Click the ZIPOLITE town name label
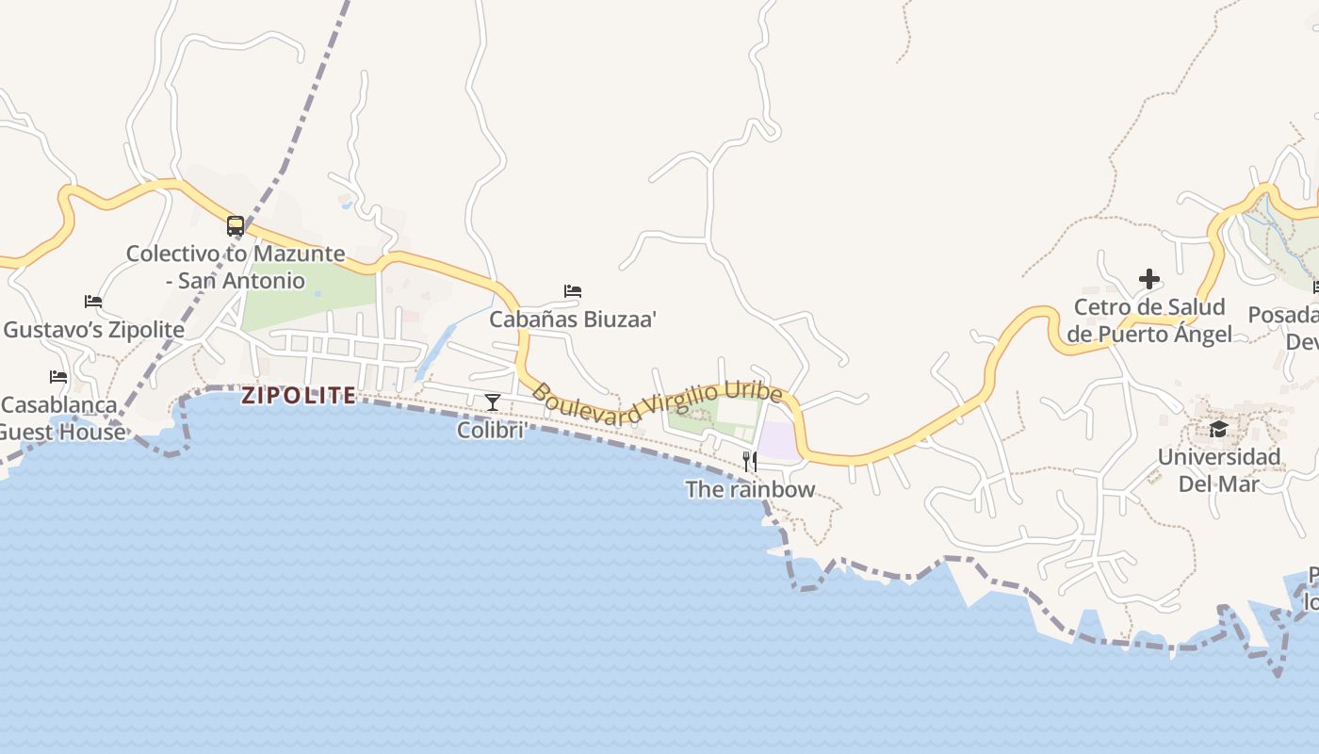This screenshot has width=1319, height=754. point(299,395)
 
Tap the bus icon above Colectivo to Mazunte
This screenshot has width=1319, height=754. point(236,226)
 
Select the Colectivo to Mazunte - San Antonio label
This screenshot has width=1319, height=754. point(236,268)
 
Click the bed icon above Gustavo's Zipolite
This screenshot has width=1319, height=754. point(93,302)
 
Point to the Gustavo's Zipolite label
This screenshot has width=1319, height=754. point(94,330)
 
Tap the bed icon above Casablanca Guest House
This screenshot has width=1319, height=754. point(58,377)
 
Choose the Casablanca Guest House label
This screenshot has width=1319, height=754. point(60,418)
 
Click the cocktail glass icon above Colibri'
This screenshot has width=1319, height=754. point(492,402)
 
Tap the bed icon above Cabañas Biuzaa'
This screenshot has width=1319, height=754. point(573,291)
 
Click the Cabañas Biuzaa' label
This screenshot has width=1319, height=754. point(573,320)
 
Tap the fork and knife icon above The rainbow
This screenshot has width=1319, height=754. point(750,461)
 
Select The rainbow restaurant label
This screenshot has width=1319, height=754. point(750,489)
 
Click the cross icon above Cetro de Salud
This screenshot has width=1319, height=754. point(1149,279)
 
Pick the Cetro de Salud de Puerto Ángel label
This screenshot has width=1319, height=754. point(1149,320)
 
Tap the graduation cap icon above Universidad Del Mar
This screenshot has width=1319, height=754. point(1219,430)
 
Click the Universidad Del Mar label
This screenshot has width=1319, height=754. point(1219,470)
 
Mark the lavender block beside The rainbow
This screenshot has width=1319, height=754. point(778,441)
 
